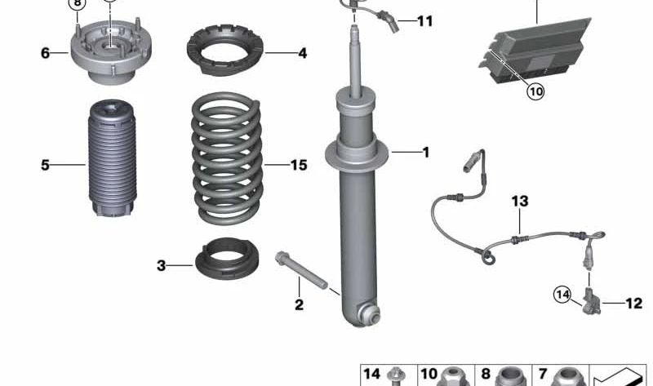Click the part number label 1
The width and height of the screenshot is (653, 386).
(x=425, y=152)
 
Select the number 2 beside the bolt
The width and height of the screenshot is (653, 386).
(x=299, y=305)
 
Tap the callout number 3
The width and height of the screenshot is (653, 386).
(x=162, y=265)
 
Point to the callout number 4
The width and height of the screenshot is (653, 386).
(x=302, y=54)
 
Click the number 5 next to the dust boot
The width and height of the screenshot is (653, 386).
(x=45, y=166)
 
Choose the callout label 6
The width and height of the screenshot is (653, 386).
(x=45, y=54)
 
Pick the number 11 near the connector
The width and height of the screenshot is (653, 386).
(x=424, y=21)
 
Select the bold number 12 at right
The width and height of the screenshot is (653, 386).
(x=633, y=304)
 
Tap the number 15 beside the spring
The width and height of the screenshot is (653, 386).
(x=299, y=166)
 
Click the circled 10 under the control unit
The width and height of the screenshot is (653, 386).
(x=535, y=91)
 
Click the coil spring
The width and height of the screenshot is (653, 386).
(x=228, y=158)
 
